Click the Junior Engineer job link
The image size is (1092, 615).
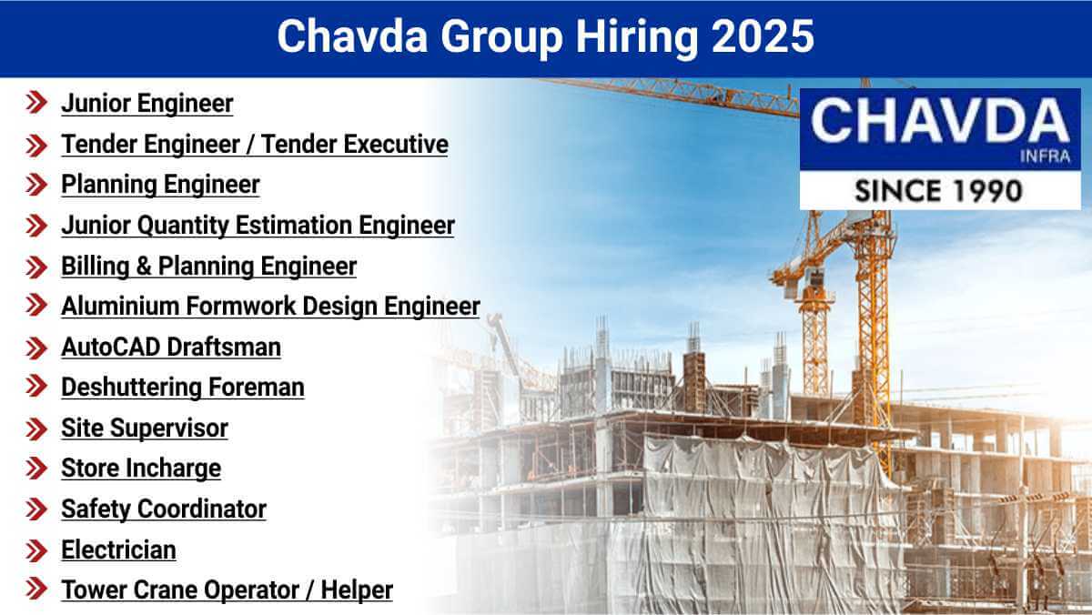[x=147, y=104]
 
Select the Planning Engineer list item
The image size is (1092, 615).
[x=160, y=185]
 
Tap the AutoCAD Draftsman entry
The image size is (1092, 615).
[x=171, y=347]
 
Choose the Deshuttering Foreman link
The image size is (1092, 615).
[x=182, y=387]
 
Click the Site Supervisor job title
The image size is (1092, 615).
[x=144, y=428]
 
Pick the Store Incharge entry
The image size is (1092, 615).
[x=141, y=469]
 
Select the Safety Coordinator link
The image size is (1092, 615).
[x=164, y=509]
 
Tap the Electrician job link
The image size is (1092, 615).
[x=118, y=549]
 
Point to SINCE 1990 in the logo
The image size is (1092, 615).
[x=938, y=190]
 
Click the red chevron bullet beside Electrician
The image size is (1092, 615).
[x=36, y=549]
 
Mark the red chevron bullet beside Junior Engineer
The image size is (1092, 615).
[x=36, y=104]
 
